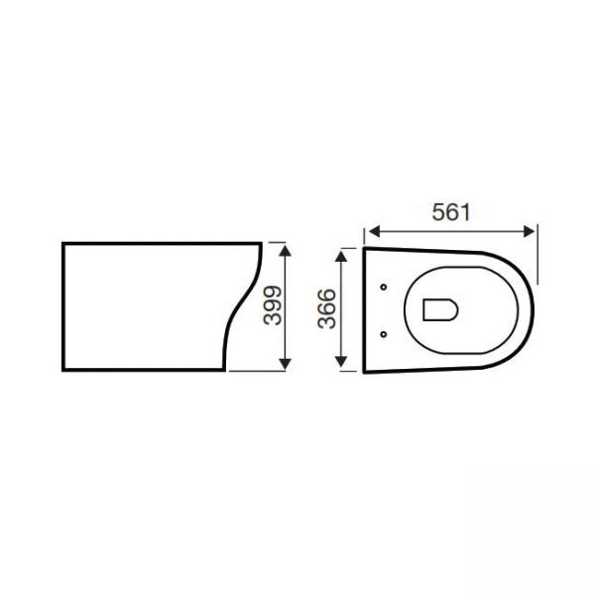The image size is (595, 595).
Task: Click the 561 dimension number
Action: pos(451,211)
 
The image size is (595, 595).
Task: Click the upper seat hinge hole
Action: pos(383,288)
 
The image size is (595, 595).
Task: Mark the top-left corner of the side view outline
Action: pos(63,242)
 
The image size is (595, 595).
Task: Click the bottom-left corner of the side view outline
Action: pos(63,369)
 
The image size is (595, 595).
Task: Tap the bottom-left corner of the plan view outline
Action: pos(365,373)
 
